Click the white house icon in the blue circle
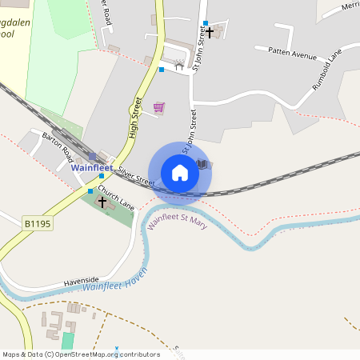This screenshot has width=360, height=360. coord(180,172)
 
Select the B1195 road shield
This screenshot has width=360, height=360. coord(36,225)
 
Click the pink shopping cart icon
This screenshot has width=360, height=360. coord(158,106)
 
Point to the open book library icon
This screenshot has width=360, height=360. coord(204,164)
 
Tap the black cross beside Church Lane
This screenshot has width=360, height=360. coord(102,202)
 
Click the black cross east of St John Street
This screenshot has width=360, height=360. coord(210,33)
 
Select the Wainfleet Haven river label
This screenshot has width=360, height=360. coord(116,281)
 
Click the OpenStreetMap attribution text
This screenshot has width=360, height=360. coord(80,354)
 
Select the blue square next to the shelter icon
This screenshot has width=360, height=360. coord(162,70)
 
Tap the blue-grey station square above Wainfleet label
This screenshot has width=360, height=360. coord(92,157)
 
